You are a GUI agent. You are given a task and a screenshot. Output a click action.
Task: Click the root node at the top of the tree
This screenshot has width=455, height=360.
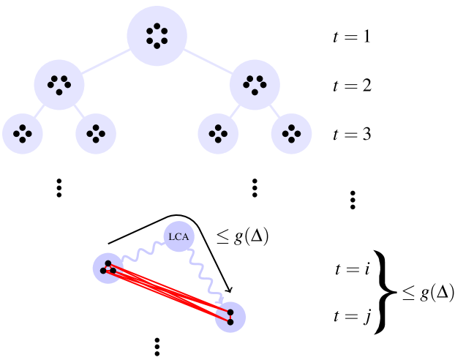click(x=157, y=35)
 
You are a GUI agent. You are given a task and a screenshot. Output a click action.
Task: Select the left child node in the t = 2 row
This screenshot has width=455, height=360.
click(x=59, y=85)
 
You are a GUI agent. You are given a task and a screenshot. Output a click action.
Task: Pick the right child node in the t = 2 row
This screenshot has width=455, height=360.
click(x=255, y=85)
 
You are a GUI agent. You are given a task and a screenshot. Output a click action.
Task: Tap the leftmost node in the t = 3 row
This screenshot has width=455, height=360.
click(x=23, y=133)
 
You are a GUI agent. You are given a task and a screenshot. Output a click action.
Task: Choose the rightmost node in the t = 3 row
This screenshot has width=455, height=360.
click(x=291, y=133)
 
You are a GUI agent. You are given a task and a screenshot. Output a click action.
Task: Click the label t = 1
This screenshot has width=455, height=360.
click(x=352, y=35)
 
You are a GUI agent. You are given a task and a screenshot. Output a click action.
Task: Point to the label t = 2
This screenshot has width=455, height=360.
click(x=352, y=85)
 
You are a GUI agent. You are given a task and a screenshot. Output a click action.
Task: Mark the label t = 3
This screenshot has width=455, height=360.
click(x=352, y=135)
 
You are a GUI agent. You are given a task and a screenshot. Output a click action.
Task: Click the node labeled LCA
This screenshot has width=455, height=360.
click(x=178, y=236)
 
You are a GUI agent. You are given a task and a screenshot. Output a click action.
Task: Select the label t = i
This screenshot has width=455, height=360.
click(x=353, y=269)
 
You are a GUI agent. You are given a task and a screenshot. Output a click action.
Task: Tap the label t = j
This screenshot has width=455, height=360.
click(x=353, y=316)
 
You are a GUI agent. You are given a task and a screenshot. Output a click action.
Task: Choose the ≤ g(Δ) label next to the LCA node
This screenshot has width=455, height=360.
click(x=242, y=236)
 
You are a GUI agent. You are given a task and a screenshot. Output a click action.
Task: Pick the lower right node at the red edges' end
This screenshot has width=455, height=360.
click(x=230, y=316)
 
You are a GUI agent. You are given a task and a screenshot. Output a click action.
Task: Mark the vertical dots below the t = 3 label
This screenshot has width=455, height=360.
click(x=352, y=199)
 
